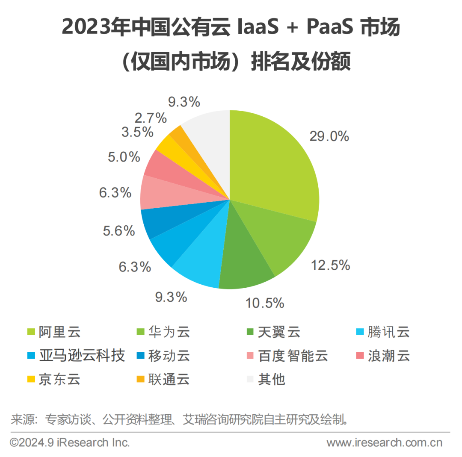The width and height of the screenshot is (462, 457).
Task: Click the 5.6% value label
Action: click(x=119, y=231)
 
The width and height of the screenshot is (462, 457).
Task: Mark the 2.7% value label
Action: click(x=149, y=118)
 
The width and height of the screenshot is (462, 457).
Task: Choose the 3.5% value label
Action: click(x=137, y=132)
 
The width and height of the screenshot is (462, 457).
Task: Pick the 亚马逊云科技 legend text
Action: click(x=82, y=356)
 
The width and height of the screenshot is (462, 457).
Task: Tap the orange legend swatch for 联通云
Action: click(x=140, y=379)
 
